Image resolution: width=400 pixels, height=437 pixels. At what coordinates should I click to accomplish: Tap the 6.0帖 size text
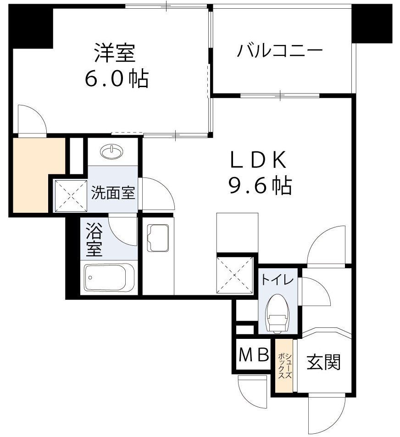116,79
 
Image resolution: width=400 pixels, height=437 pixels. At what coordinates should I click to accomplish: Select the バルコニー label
279,51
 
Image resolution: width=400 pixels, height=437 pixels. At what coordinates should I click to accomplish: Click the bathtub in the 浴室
109,278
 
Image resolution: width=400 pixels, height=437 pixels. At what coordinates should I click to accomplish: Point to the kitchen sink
158,238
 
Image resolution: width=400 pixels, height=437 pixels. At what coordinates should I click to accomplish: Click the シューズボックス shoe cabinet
283,365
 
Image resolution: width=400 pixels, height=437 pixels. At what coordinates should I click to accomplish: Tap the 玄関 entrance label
324,363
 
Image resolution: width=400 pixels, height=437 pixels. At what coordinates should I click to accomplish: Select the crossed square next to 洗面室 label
71,196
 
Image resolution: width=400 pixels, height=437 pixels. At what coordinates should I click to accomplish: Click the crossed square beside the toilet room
234,274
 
